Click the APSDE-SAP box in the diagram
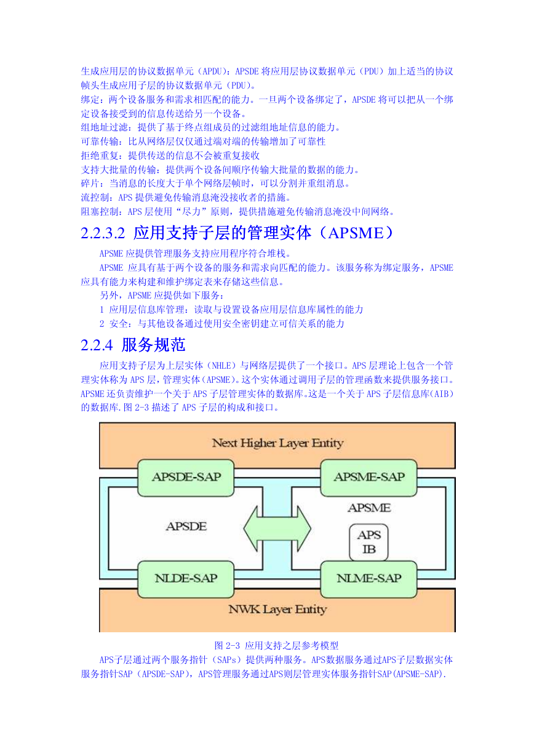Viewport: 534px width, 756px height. pos(186,477)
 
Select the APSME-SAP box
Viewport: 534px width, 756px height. pos(369,477)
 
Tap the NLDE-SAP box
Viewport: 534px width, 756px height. pos(186,579)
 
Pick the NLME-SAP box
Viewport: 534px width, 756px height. pos(369,579)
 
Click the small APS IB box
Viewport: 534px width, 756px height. pos(369,542)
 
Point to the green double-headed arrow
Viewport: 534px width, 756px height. pos(277,529)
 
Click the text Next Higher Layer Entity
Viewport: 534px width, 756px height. pos(277,443)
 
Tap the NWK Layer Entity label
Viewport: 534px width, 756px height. pos(277,609)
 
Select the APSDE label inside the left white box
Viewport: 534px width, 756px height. pos(186,526)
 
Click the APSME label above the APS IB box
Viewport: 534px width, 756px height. pos(369,508)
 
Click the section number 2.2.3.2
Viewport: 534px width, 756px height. pos(103,233)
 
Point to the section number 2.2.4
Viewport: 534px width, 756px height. pos(97,345)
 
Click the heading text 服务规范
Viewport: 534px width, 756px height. pos(153,345)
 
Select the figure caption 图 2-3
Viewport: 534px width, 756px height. pos(227,646)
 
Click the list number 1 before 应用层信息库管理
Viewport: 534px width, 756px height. pos(102,310)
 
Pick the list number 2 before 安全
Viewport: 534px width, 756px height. pos(102,324)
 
